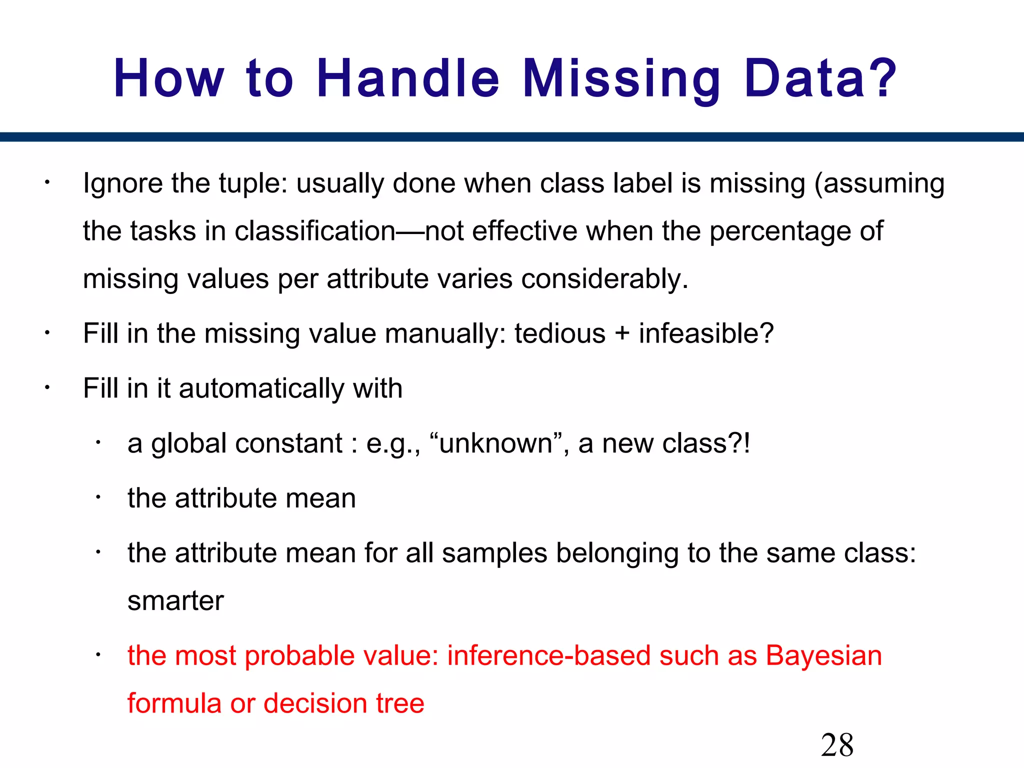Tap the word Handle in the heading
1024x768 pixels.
[x=408, y=78]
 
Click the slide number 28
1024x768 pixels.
[x=837, y=745]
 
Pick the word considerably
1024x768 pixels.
[x=604, y=278]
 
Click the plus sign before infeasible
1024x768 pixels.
[x=622, y=334]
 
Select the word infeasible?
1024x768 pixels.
[x=706, y=333]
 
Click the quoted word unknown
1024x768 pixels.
[x=495, y=443]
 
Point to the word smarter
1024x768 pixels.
[x=175, y=601]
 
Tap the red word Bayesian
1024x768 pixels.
[x=824, y=655]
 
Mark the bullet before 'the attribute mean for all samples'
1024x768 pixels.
[x=99, y=552]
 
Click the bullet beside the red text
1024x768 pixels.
[x=99, y=655]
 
